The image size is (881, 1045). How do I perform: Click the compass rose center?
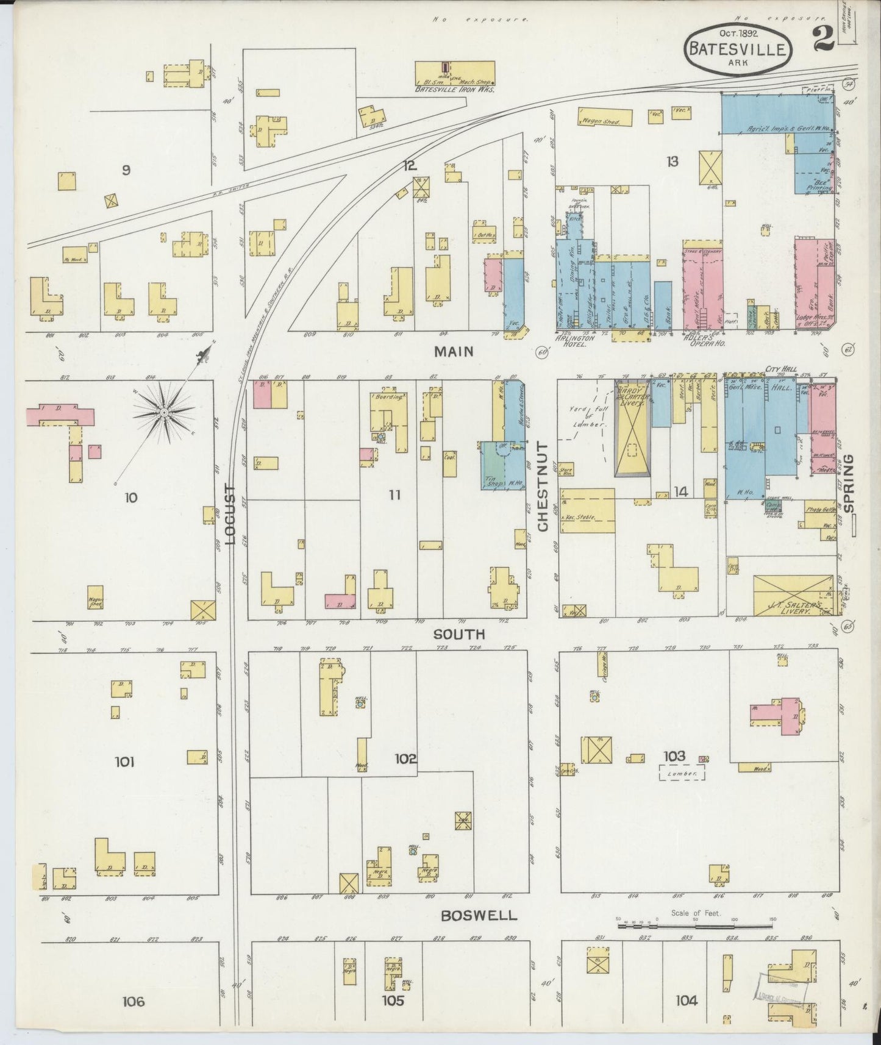164,413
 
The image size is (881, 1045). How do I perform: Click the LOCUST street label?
230,513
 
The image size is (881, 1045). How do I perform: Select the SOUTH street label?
467,634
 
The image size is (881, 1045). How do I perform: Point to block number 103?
675,756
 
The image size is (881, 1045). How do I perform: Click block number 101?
124,761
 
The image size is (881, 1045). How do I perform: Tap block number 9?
126,171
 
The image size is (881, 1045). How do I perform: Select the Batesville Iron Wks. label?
454,89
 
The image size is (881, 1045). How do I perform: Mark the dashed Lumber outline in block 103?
682,773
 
